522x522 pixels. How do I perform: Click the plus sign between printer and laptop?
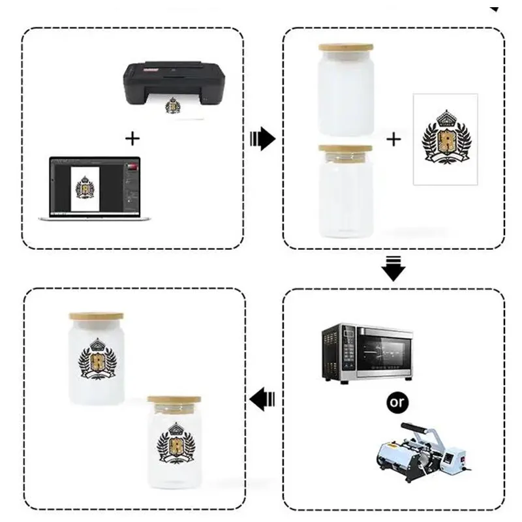132,138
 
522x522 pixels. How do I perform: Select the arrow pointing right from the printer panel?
263,138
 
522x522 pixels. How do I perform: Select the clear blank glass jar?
345,196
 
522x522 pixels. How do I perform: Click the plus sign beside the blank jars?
394,138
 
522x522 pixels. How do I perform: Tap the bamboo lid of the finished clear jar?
174,400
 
